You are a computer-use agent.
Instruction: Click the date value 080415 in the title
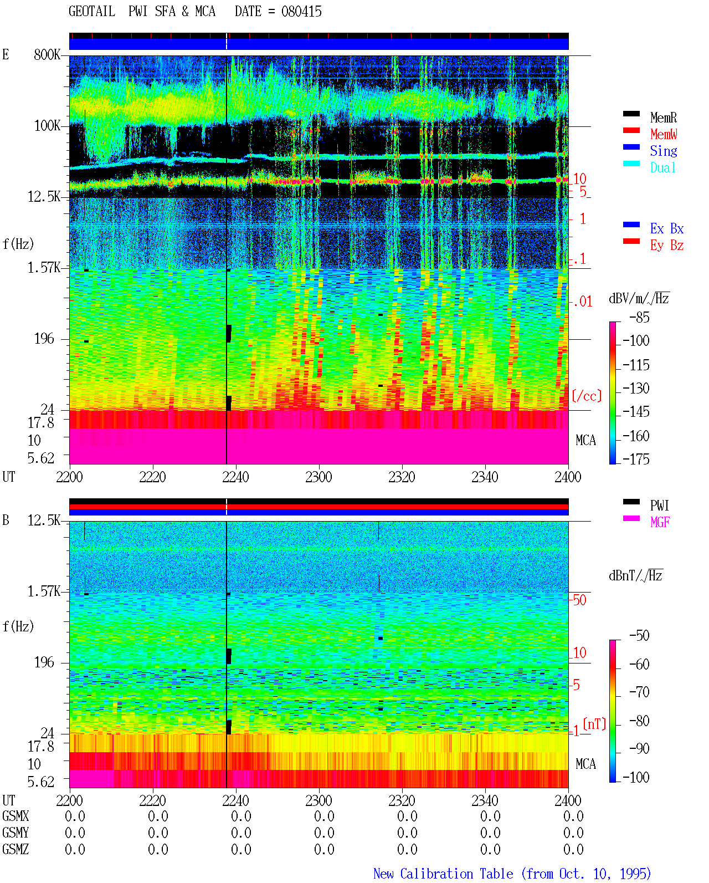coord(301,12)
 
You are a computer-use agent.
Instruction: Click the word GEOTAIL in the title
coord(92,12)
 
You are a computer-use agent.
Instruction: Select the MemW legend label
coord(664,134)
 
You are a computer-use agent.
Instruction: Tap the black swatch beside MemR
coord(631,114)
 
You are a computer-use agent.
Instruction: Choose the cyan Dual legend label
coord(662,167)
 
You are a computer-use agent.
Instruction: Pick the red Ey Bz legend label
coord(667,245)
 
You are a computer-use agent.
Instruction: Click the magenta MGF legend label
coord(660,522)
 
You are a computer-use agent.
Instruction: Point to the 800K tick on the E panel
coord(47,54)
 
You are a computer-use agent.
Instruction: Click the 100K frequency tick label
coord(47,126)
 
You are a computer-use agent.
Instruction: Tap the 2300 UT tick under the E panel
coord(318,477)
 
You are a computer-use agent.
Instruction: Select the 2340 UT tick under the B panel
coord(485,800)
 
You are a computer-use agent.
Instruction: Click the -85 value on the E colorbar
coord(639,318)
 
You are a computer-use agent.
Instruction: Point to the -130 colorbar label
coord(636,388)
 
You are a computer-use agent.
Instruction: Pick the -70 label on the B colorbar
coord(639,692)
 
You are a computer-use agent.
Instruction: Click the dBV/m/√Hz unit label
coord(639,298)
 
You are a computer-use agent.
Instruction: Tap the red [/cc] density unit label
coord(587,396)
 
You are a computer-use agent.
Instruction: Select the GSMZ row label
coord(16,849)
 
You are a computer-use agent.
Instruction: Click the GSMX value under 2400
coord(573,816)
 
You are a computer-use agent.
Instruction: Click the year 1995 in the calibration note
coord(635,874)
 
